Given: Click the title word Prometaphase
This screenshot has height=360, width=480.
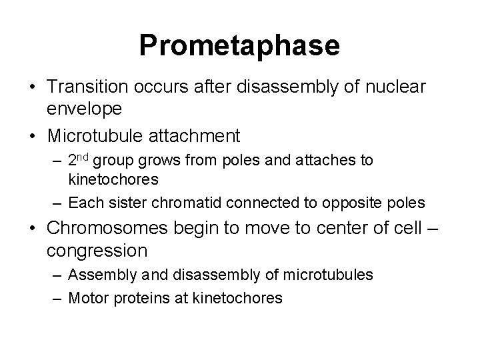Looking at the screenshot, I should (239, 45).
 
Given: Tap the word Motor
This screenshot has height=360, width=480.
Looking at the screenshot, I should (86, 297).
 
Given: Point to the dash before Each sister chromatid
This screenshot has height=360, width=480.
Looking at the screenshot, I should (58, 202).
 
